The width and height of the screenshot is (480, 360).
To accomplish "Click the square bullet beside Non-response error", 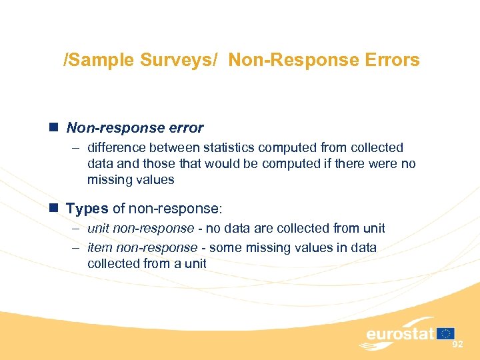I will (x=55, y=127).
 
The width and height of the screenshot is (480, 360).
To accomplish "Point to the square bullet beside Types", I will (x=55, y=209).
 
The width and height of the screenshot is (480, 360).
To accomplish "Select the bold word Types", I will (x=87, y=209).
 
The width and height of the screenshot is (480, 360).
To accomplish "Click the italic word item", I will (x=99, y=247).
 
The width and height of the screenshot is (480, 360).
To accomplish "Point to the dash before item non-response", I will (x=76, y=247).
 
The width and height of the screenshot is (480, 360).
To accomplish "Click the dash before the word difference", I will (x=76, y=147).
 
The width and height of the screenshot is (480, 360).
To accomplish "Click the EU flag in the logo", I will (x=446, y=333).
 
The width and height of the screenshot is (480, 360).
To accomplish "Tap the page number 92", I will (x=457, y=345).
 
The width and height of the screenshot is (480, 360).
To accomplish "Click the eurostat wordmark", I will (x=400, y=333).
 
